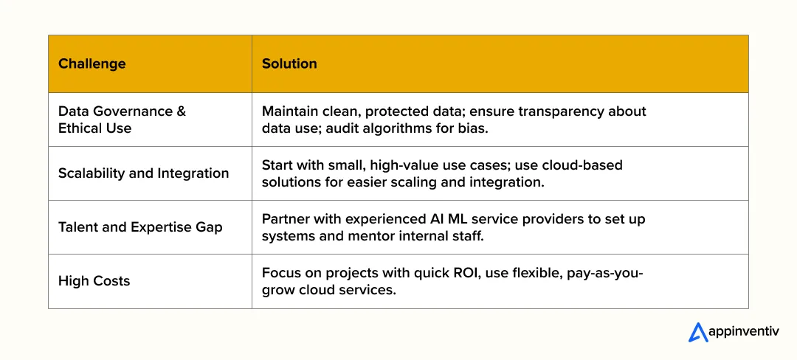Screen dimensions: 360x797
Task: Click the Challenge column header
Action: click(92, 63)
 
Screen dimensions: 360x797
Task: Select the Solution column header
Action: click(289, 63)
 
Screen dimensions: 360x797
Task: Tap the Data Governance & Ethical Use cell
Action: click(122, 120)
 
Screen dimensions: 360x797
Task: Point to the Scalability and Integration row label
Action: click(143, 173)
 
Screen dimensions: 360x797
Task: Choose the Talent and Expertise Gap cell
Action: click(140, 227)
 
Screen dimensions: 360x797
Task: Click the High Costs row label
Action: click(94, 281)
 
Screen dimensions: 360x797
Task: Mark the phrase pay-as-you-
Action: click(604, 273)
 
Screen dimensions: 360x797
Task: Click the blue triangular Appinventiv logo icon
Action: click(697, 333)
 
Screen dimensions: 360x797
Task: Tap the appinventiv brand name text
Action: click(743, 333)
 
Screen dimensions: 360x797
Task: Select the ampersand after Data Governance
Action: click(181, 111)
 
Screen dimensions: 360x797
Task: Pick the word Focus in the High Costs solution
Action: click(281, 273)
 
